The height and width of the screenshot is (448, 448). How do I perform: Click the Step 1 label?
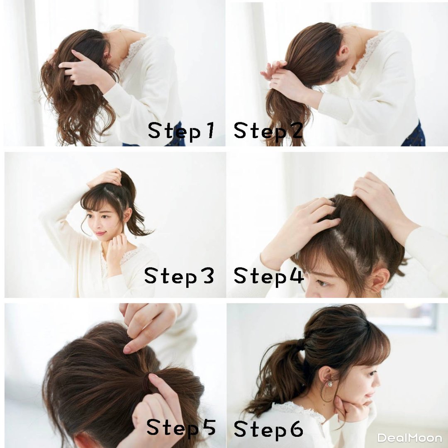[181, 131]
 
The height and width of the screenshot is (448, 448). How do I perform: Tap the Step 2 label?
[268, 131]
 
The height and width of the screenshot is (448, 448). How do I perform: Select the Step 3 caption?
[179, 276]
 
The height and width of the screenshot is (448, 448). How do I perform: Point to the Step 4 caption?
[268, 276]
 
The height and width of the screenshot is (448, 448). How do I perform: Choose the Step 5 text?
[181, 428]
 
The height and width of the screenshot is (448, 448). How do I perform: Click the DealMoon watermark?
[410, 438]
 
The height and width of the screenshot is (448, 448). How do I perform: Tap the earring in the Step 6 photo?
[330, 383]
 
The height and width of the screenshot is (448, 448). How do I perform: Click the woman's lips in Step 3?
[100, 234]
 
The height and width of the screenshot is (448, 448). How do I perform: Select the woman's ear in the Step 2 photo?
[343, 53]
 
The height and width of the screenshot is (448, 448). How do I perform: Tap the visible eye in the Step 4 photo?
[322, 283]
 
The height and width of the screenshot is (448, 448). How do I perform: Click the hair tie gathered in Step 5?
[147, 382]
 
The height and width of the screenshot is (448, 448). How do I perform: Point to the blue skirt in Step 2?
[415, 135]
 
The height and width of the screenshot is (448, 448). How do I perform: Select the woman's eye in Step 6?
[372, 373]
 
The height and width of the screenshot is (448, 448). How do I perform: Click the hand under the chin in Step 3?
[115, 248]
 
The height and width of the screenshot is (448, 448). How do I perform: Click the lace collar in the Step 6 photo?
[297, 410]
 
